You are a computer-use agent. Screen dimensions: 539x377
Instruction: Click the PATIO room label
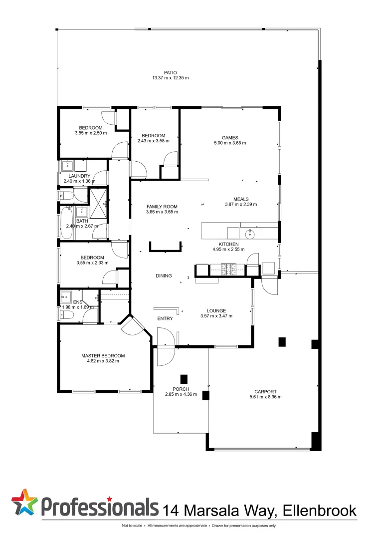point(170,72)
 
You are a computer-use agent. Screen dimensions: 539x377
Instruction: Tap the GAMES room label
point(230,138)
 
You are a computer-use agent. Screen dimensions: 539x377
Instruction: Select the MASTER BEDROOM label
point(103,356)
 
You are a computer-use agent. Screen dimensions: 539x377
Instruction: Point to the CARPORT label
point(265,392)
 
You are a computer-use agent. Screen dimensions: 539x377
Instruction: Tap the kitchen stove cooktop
point(229,270)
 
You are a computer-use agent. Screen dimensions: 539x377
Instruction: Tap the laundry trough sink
point(67,165)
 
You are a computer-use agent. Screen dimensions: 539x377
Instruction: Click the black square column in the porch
point(184,378)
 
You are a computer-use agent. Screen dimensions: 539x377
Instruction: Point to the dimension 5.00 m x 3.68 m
point(230,143)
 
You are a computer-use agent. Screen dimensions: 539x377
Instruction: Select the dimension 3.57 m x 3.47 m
point(216,316)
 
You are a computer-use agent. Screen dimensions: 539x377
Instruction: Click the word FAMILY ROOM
point(162,207)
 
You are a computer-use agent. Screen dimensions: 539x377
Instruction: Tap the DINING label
point(164,275)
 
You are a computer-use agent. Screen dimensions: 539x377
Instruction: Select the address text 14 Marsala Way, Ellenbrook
point(260,510)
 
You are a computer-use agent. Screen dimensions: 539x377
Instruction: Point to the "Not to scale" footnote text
point(132,526)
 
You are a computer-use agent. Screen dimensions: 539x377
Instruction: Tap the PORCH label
point(181,389)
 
